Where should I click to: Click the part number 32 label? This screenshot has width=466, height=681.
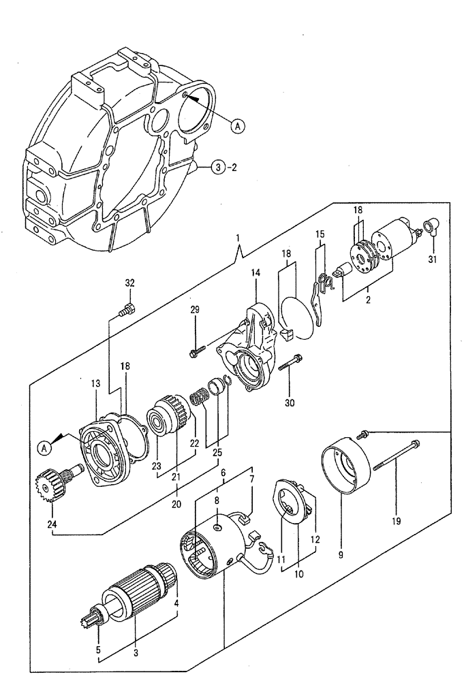(x=130, y=283)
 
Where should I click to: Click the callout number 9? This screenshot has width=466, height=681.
(x=341, y=554)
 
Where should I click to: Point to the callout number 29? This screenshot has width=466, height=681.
(x=196, y=310)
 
